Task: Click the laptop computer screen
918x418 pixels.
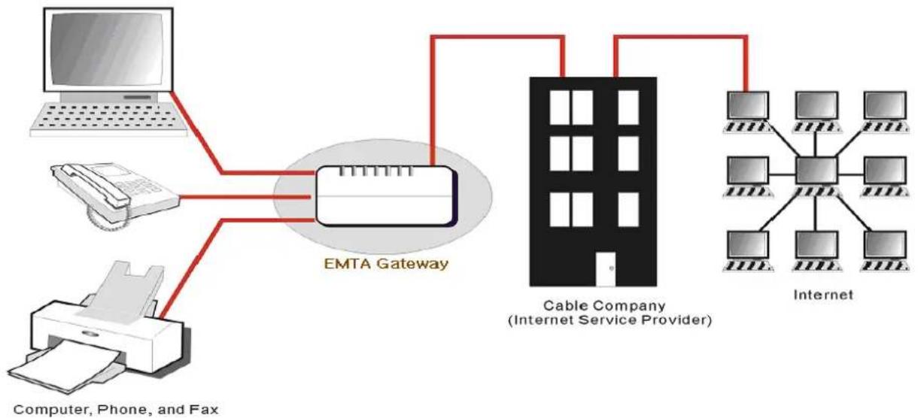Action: click(x=108, y=50)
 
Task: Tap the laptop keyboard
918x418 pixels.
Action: click(x=108, y=119)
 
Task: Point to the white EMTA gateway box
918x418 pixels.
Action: click(x=387, y=195)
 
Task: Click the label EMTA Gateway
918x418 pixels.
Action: click(x=386, y=263)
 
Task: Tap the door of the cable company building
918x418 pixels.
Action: click(x=606, y=268)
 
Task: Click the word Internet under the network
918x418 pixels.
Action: click(x=823, y=295)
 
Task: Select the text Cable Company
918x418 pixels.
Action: click(x=604, y=305)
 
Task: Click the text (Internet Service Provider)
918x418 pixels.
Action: click(x=609, y=320)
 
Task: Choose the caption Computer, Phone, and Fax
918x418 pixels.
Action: click(x=116, y=410)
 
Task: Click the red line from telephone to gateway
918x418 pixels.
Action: click(x=245, y=197)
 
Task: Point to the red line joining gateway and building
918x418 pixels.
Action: click(x=497, y=38)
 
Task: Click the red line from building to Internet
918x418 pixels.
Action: click(x=680, y=38)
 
